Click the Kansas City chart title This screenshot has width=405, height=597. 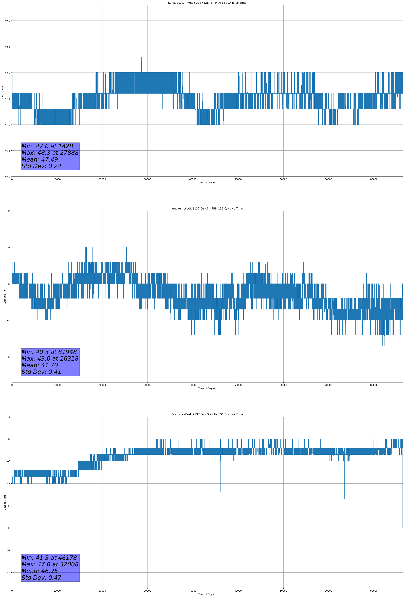pos(207,3)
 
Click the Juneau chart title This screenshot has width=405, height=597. pos(207,209)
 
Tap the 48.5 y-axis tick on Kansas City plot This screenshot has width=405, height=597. pos(7,47)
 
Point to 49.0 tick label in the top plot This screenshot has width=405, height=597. pos(7,21)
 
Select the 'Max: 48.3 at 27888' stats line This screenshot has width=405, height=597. pos(50,153)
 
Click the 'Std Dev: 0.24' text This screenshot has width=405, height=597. pos(41,166)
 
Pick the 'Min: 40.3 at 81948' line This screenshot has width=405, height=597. pos(49,352)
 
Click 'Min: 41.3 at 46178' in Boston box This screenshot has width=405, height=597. pos(49,558)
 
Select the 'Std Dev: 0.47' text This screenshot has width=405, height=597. pos(41,578)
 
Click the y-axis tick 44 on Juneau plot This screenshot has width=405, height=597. pos(9,211)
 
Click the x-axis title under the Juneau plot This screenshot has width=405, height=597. pos(207,388)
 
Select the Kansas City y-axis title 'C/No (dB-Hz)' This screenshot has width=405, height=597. pos(3,91)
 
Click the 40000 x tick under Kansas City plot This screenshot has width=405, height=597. pos(193,179)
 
